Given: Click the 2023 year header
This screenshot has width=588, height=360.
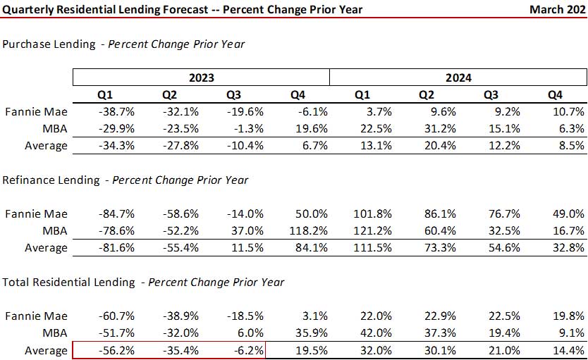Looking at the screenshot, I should pos(201,77).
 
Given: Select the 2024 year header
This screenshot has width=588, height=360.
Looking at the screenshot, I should pos(458,77).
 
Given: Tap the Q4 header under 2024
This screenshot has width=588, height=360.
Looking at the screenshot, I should pos(556,94).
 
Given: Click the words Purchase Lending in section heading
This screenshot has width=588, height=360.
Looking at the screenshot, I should pos(49,44).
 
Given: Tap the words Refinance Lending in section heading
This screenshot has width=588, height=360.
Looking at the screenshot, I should pos(51,180).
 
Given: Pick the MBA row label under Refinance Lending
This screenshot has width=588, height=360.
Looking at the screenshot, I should pos(56,230).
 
